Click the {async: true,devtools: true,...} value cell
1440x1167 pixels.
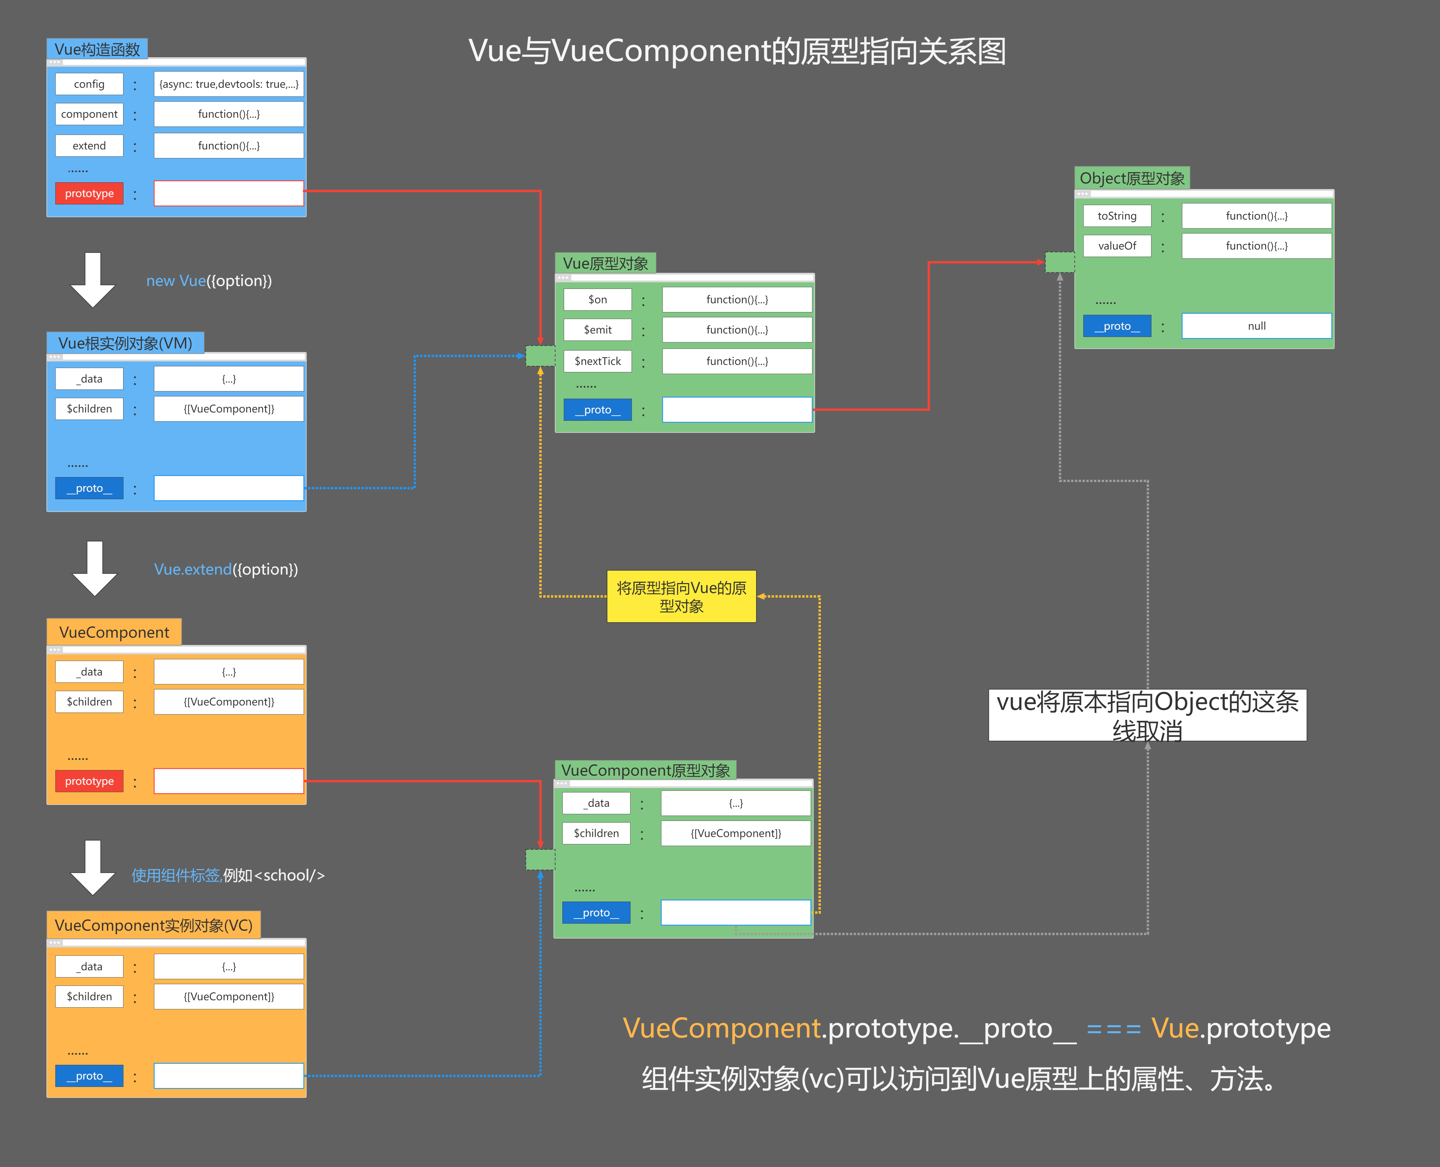(x=229, y=84)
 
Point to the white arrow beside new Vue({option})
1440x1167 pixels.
(x=93, y=280)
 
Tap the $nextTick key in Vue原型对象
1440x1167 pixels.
(x=597, y=361)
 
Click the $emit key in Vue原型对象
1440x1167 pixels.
(x=597, y=329)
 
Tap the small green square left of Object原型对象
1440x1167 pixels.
(x=1059, y=262)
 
